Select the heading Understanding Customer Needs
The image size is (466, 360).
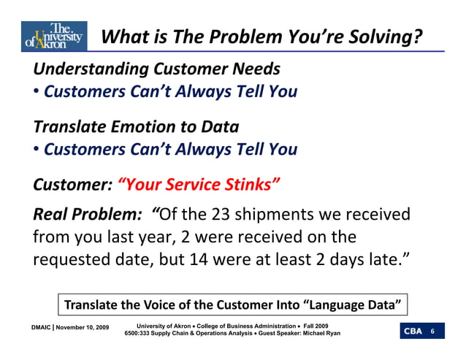tap(156, 69)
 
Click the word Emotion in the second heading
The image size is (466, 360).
tap(145, 126)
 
